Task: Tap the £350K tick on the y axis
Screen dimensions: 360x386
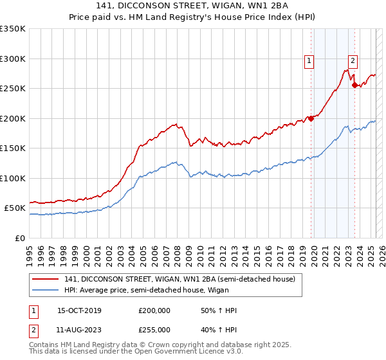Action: [x=13, y=29]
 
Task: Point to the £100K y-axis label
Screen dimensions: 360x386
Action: [x=13, y=178]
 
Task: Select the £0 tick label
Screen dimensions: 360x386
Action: [x=19, y=238]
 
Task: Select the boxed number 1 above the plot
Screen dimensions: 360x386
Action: [x=309, y=61]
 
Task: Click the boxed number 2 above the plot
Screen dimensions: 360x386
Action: [x=353, y=61]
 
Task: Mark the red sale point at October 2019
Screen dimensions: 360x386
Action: [x=311, y=118]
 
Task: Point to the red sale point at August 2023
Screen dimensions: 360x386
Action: [x=354, y=85]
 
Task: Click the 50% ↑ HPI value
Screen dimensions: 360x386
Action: [x=219, y=310]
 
